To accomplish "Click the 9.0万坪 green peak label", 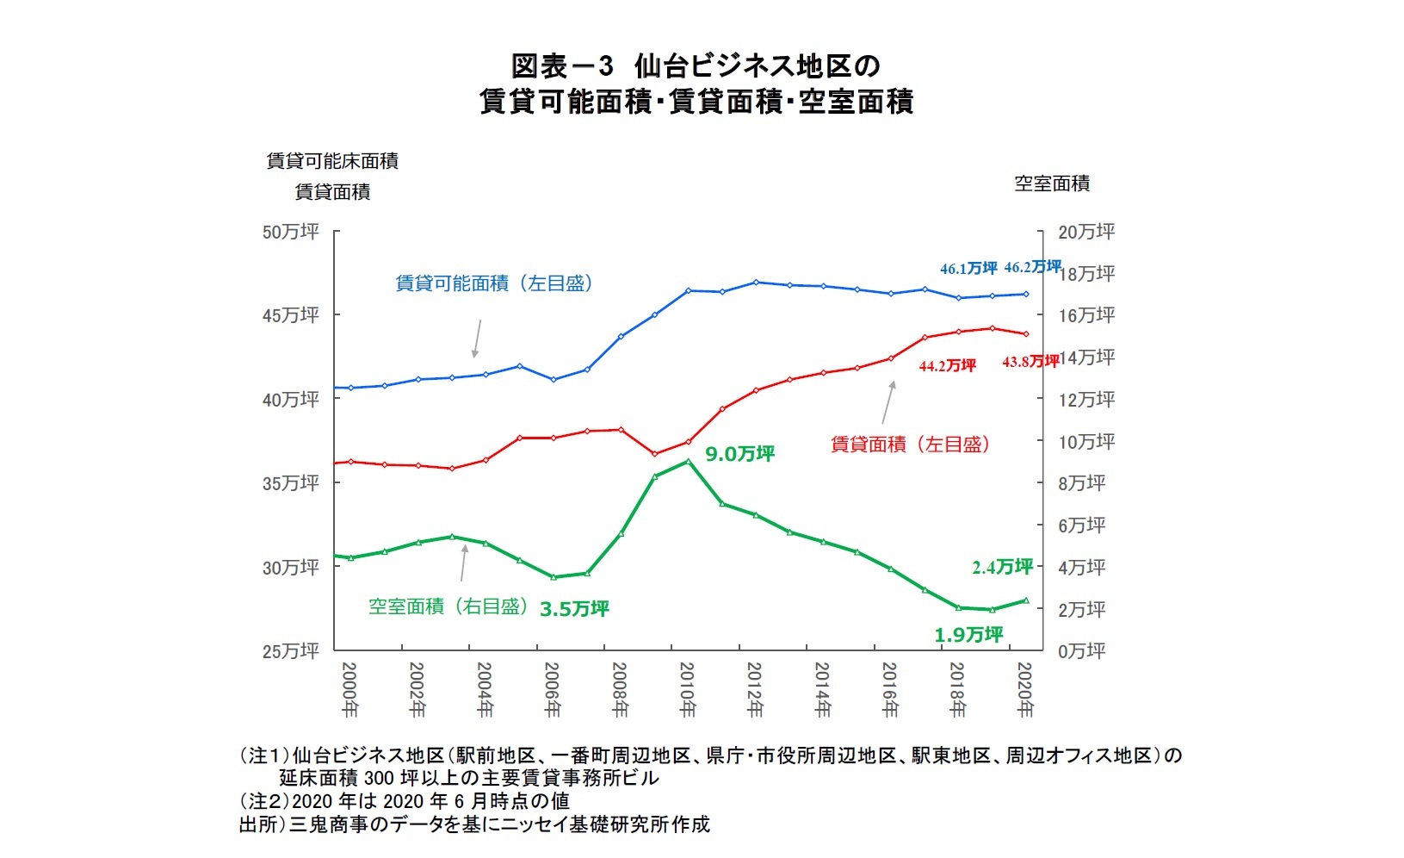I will coord(739,453).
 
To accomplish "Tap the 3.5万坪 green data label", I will coord(574,609).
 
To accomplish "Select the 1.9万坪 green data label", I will coord(968,635).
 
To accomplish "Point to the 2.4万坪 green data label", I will coord(1002,567).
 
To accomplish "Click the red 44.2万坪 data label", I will coord(947,365).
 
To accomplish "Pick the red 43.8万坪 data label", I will coord(1030,362).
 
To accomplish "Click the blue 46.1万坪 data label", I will coord(968,268).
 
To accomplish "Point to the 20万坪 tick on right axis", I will coord(1086,232).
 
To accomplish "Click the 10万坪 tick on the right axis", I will coord(1086,441).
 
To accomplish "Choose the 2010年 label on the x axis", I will coord(687,690).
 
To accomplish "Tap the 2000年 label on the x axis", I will coord(349,690).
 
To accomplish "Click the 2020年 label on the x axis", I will coord(1024,690).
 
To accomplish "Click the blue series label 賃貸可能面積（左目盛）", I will coord(494,283).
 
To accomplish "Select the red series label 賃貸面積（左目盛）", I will coord(911,445).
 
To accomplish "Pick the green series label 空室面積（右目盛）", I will coord(448,606).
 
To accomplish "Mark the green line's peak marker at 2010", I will coord(687,462).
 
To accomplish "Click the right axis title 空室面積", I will coord(1051,183).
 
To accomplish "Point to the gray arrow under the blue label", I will coord(476,339).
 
